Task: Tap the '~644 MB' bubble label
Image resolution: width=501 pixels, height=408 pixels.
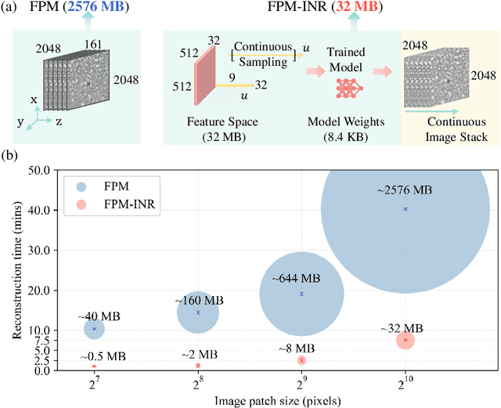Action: (x=297, y=278)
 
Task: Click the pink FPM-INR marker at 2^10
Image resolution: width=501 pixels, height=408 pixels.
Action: (x=405, y=340)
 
